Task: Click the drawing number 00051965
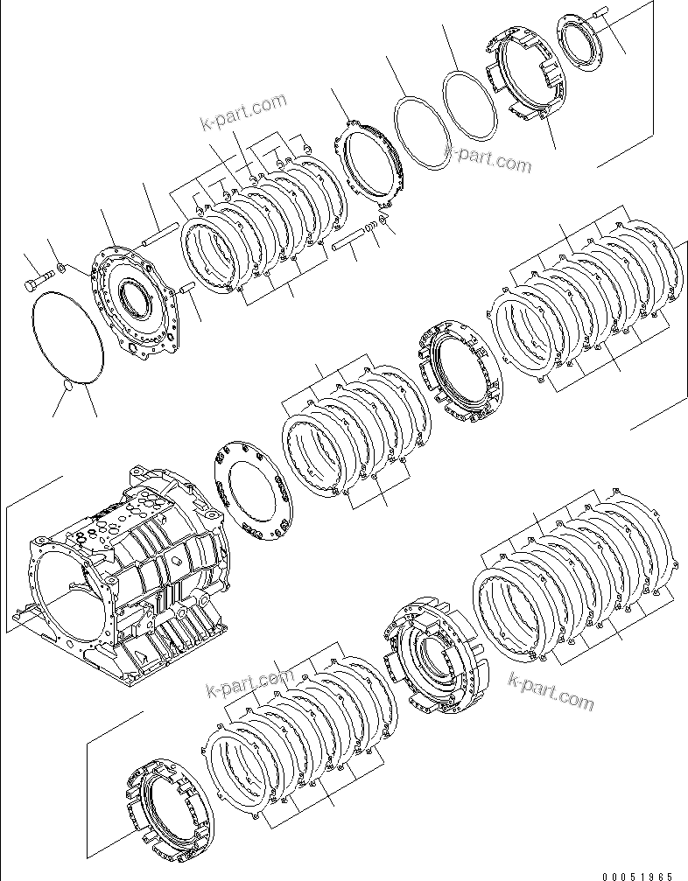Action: pyautogui.click(x=636, y=873)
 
